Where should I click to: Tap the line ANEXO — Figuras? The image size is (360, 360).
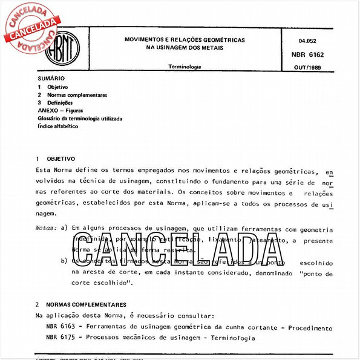[x=61, y=111]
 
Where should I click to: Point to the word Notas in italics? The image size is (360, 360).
[x=46, y=229]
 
